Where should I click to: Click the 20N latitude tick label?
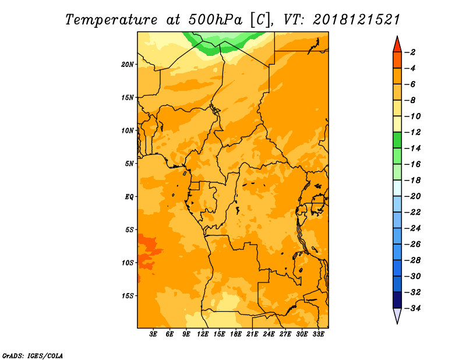tap(127, 65)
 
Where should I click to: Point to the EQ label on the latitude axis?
tap(129, 197)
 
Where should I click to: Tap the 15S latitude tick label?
tap(128, 296)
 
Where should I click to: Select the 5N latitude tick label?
tap(129, 164)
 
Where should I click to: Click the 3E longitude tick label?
tap(153, 334)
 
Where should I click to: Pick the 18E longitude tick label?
tap(236, 334)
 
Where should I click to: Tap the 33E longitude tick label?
tap(318, 334)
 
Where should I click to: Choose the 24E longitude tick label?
tap(269, 334)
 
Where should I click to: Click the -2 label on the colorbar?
tap(410, 52)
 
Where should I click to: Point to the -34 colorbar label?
tap(412, 308)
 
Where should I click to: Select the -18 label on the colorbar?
tap(412, 180)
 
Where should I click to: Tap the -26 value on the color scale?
tap(412, 244)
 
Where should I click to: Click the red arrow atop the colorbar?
tap(397, 45)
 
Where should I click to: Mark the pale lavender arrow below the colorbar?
tap(397, 315)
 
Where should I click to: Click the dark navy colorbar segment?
tap(397, 300)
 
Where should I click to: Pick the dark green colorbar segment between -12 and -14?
tap(397, 140)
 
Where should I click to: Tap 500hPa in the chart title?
tap(215, 20)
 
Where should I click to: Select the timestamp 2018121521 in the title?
tap(356, 20)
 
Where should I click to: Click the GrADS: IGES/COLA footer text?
tap(33, 356)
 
